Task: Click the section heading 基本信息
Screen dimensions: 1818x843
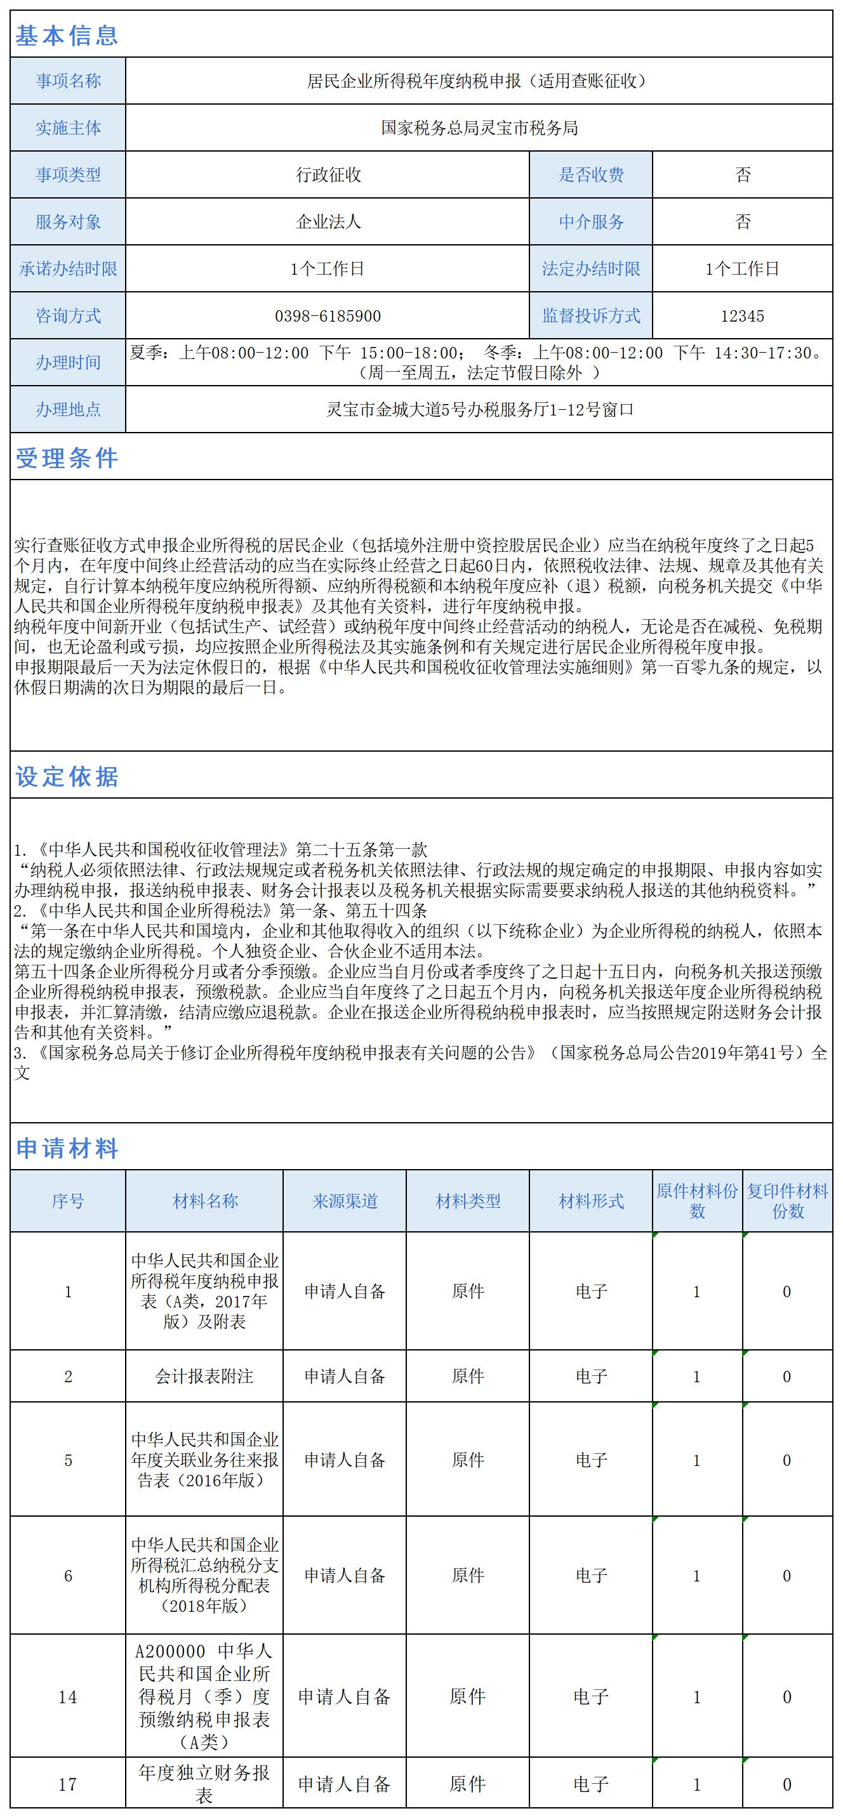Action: click(67, 36)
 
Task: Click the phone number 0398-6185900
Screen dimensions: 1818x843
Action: click(328, 315)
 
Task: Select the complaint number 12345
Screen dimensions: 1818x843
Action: click(742, 315)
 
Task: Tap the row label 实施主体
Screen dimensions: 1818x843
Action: click(68, 128)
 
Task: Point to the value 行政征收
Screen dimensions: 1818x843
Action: click(328, 174)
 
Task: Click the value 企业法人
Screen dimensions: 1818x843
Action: click(328, 221)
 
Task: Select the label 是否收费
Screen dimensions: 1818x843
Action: click(591, 174)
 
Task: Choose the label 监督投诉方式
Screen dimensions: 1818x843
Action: click(591, 315)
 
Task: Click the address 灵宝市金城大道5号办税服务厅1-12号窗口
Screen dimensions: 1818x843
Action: click(479, 409)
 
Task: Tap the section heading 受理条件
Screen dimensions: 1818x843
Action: click(67, 458)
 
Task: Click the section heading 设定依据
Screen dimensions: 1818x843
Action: click(67, 776)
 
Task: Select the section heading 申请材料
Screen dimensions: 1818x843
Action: click(67, 1148)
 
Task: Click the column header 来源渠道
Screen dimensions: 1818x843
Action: click(345, 1201)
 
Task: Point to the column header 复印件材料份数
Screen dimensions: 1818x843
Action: click(787, 1201)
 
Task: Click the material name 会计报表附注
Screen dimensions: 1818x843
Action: click(204, 1377)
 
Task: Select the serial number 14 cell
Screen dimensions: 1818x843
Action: click(68, 1697)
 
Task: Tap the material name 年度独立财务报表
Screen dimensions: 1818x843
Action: click(204, 1784)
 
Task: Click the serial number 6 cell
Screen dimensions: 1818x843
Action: click(68, 1576)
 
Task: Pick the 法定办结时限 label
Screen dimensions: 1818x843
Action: click(591, 269)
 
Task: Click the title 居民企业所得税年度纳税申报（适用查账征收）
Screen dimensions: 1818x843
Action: click(479, 81)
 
